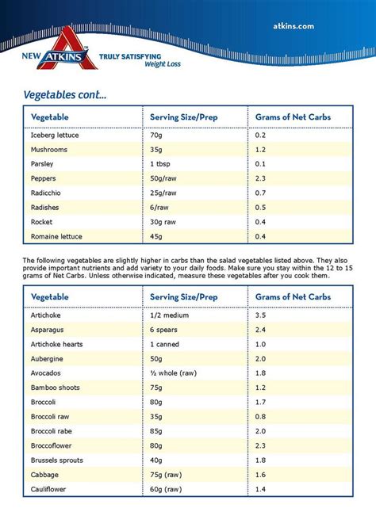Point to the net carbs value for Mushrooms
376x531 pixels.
pos(260,150)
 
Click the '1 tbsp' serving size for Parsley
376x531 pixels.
pos(162,164)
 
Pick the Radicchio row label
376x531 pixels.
pos(48,193)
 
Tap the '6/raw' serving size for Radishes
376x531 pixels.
pos(160,208)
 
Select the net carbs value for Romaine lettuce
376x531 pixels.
pos(260,236)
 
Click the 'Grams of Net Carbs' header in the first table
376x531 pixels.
pos(293,117)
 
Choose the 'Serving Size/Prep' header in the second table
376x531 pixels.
pos(183,296)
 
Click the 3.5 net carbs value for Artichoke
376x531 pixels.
pos(260,315)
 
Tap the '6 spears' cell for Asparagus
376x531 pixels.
pos(165,329)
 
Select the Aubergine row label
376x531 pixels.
pos(48,358)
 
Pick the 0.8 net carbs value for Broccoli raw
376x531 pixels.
pos(260,416)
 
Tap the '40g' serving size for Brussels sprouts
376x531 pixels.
pos(158,460)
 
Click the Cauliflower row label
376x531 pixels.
pos(49,489)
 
